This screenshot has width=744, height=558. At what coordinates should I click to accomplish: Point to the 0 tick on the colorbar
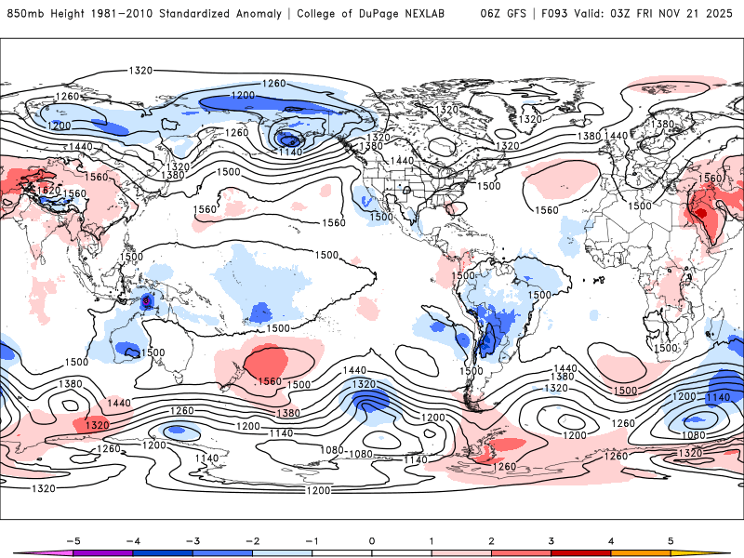point(371,540)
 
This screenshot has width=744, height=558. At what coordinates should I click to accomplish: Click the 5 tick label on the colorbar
point(671,540)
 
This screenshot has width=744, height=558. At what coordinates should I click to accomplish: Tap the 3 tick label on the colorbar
point(551,540)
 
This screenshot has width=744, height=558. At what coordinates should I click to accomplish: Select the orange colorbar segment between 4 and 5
point(641,552)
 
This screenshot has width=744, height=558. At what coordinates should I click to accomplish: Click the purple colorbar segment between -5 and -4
point(103,552)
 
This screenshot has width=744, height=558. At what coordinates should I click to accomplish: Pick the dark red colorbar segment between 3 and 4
point(581,552)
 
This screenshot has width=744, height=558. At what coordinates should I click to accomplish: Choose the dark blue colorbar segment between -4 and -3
point(163,552)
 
